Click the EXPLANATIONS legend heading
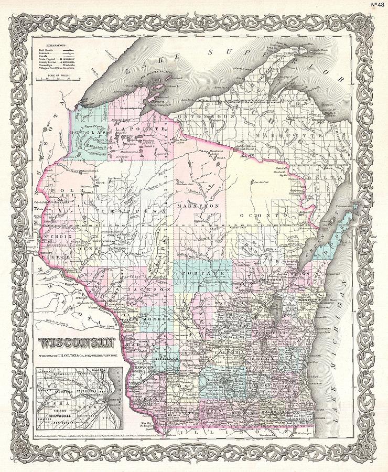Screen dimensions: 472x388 (52, 46)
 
